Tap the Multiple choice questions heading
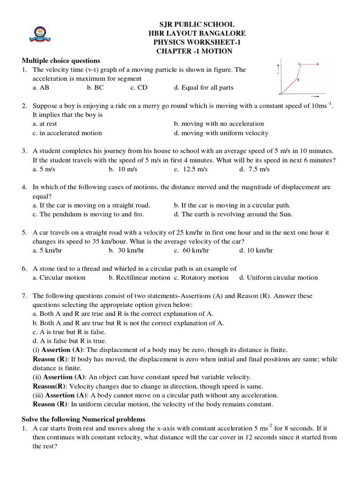[61, 60]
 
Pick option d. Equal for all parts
[203, 88]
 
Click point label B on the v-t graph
[299, 80]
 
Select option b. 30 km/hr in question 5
[127, 250]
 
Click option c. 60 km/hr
[191, 250]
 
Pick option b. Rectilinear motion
[139, 277]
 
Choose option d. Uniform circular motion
[278, 277]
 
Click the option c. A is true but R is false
[69, 332]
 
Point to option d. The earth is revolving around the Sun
[233, 214]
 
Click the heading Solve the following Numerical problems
[83, 419]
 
